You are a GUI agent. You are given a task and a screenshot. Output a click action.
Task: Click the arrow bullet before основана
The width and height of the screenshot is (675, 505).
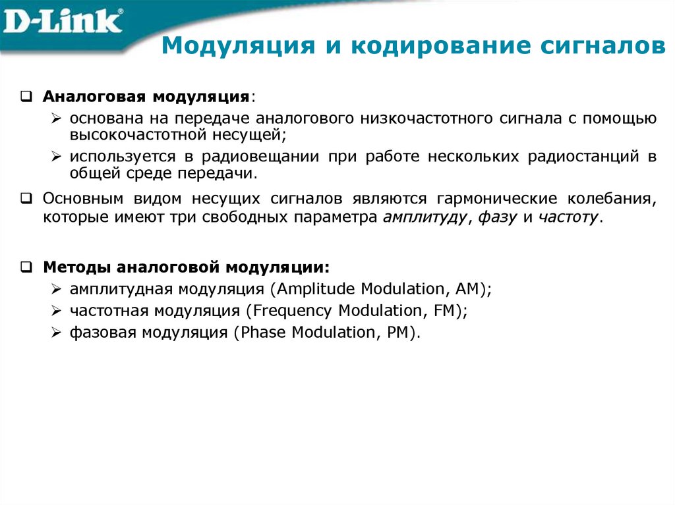(57, 119)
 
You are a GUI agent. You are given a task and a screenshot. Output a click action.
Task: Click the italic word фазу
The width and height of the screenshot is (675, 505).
(495, 218)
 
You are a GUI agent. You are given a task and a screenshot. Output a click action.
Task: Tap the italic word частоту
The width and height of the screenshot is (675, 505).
(568, 218)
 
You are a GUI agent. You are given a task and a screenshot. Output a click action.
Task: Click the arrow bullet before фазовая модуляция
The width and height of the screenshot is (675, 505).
(57, 333)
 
